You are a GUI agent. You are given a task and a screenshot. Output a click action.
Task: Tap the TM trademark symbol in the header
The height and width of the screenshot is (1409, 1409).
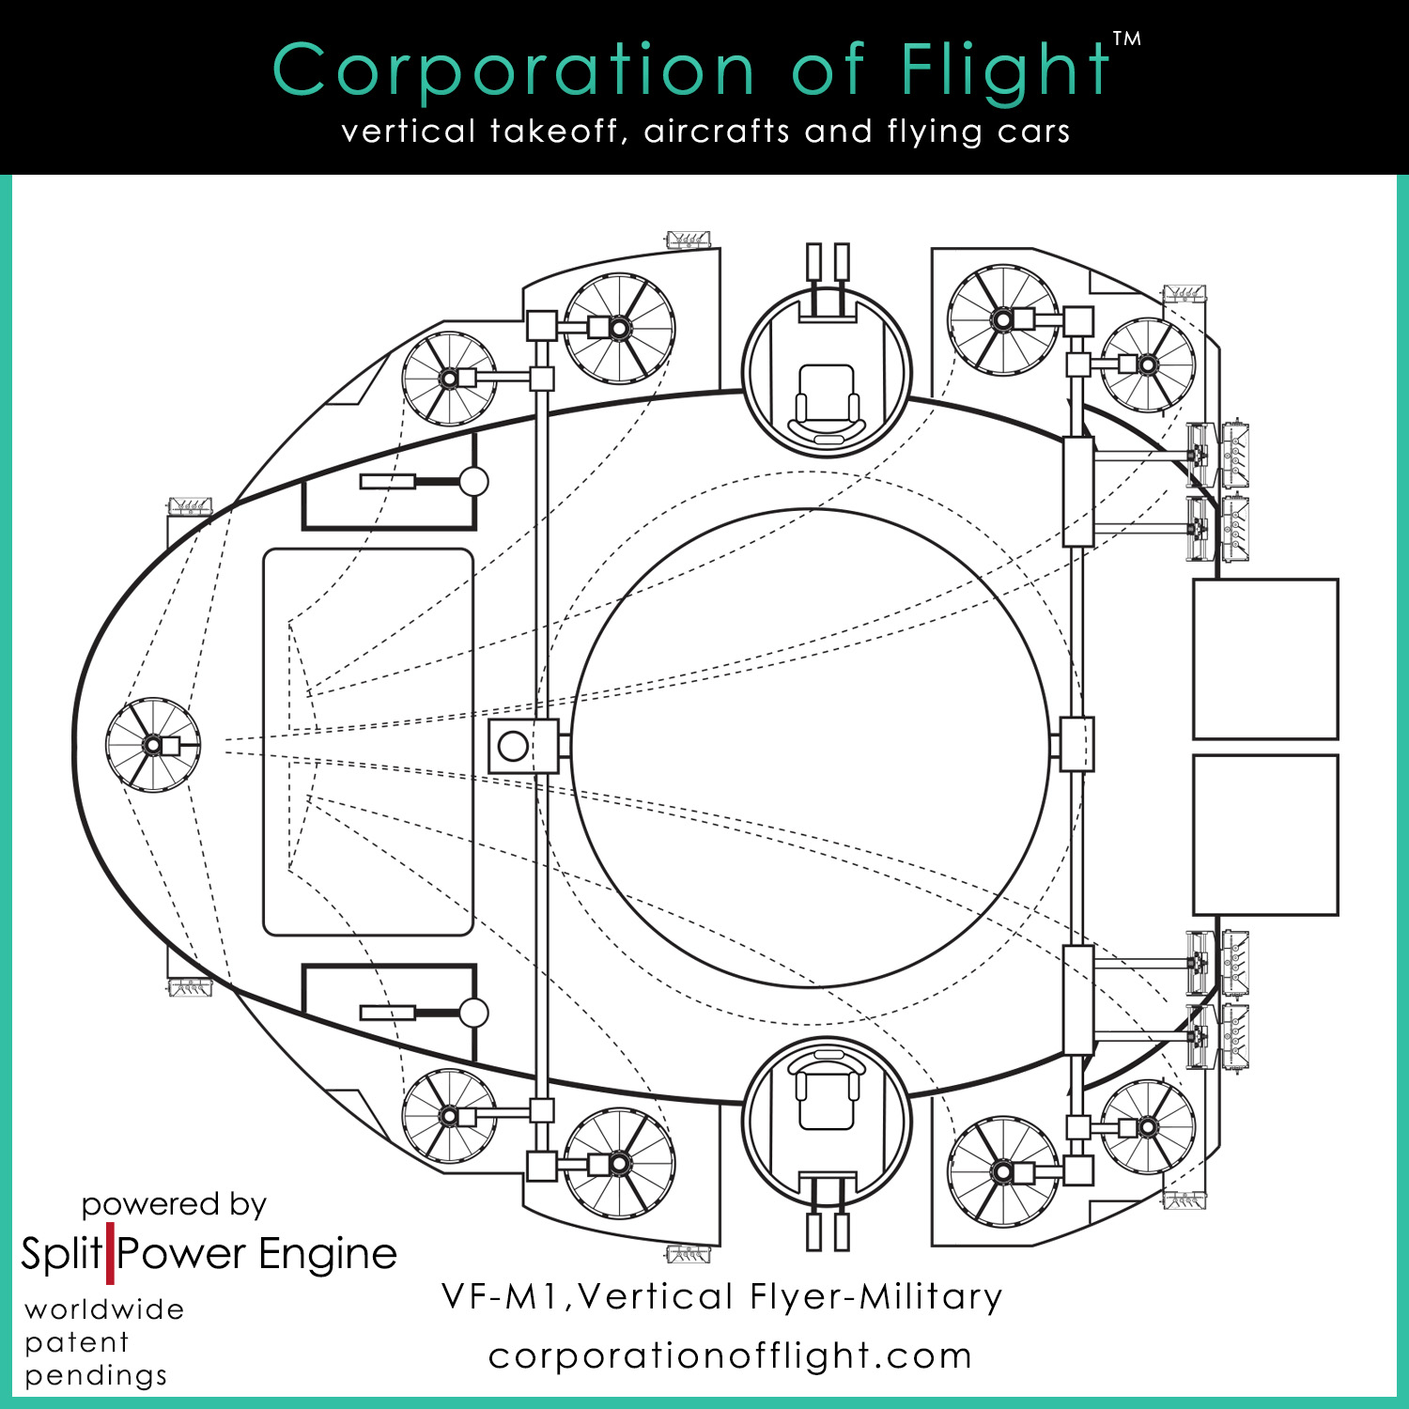click(1127, 39)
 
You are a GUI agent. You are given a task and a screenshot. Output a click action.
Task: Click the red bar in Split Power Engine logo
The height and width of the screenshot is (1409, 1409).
click(110, 1253)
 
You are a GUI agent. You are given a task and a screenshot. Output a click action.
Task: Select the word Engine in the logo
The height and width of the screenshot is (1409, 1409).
click(328, 1254)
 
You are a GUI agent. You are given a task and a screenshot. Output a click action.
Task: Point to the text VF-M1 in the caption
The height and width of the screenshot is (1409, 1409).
click(503, 1297)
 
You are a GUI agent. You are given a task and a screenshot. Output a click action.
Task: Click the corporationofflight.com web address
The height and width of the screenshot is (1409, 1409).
click(730, 1355)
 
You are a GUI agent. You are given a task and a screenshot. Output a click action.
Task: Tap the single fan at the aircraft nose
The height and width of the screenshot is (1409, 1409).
click(153, 745)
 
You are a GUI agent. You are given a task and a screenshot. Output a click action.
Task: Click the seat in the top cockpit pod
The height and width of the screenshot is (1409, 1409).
click(827, 399)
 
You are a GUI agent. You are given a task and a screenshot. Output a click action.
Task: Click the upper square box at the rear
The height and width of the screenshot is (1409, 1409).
click(1265, 658)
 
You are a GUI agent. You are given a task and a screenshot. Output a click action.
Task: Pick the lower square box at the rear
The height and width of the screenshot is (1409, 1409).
click(1265, 834)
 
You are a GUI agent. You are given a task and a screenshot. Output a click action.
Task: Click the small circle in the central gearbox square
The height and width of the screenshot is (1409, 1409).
click(513, 746)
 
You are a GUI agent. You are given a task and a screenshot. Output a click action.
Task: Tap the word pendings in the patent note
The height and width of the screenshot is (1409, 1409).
click(96, 1376)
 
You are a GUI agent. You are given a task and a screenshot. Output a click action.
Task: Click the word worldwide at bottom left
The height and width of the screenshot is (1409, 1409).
click(104, 1309)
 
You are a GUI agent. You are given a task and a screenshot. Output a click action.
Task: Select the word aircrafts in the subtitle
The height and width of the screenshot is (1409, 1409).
click(717, 131)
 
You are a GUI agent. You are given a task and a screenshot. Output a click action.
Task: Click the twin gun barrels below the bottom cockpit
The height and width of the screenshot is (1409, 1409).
click(828, 1231)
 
